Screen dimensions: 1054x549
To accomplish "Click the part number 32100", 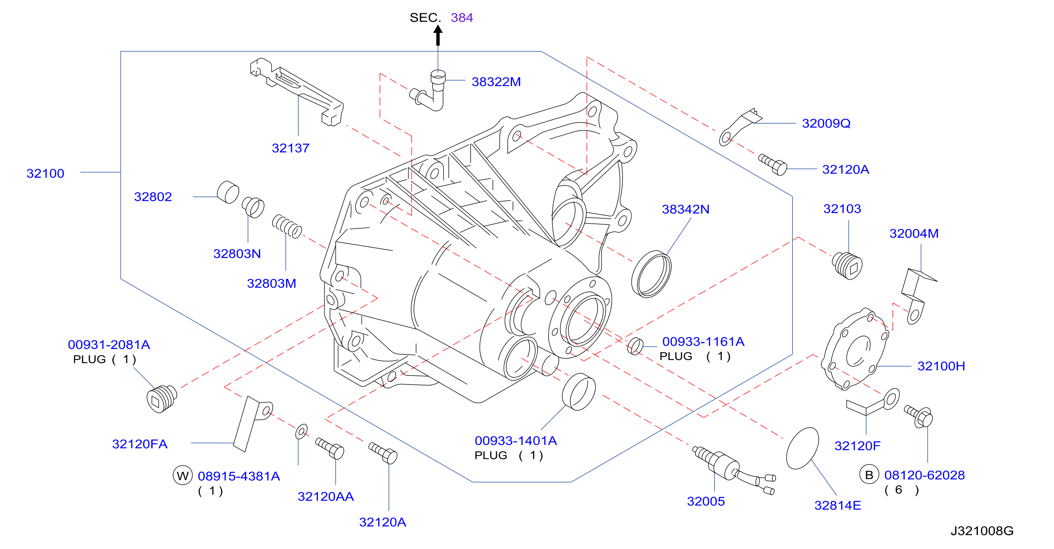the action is click(45, 174).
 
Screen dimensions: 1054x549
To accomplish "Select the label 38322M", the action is click(496, 82).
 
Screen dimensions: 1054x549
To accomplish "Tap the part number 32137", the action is click(291, 148).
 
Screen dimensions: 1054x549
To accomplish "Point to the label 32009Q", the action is click(826, 123).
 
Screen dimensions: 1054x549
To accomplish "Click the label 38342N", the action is click(685, 209).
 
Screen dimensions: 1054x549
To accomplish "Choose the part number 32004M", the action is click(914, 233).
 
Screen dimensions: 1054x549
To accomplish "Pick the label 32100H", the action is click(941, 366).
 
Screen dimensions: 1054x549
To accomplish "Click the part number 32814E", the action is click(838, 505).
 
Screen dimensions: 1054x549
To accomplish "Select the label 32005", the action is click(706, 501).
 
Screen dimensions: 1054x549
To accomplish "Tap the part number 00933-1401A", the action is click(516, 441).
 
